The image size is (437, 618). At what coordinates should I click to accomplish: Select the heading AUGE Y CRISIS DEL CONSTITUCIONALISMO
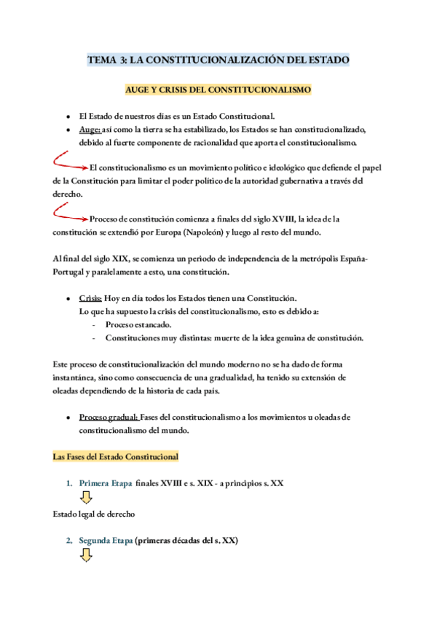coord(219,90)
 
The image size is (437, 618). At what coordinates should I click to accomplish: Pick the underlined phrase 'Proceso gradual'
coord(109,418)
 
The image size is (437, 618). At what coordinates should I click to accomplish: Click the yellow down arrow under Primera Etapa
coord(86,498)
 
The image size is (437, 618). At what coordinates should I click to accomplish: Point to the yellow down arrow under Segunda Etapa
coord(86,555)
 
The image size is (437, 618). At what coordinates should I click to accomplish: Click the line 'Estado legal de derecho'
coord(94,515)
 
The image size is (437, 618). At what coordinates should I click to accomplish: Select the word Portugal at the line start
coord(70,272)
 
